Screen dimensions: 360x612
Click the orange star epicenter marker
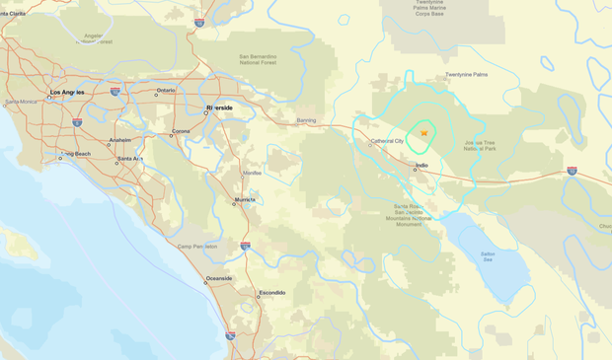[423, 132]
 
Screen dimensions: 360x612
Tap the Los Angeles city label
[67, 92]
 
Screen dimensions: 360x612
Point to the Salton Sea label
[487, 256]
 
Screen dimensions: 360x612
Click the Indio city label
[421, 165]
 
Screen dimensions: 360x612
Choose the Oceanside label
[219, 278]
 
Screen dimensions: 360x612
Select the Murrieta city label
[244, 200]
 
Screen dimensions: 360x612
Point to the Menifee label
[254, 173]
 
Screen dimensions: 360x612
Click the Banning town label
[306, 120]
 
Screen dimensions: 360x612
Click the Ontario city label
[165, 92]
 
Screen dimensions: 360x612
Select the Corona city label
[181, 131]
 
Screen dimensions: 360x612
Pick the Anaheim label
[119, 141]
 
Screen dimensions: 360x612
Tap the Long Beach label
[76, 154]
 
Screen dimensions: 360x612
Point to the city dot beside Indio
[415, 170]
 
